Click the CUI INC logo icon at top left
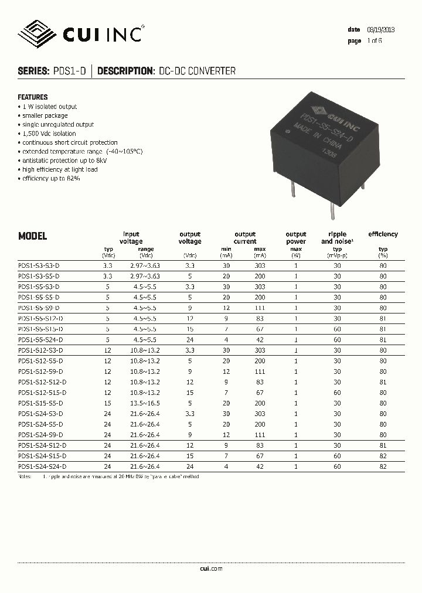pyautogui.click(x=39, y=33)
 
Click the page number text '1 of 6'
pyautogui.click(x=375, y=41)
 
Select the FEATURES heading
pyautogui.click(x=33, y=97)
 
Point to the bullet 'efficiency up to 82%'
pyautogui.click(x=51, y=178)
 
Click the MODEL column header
pyautogui.click(x=33, y=237)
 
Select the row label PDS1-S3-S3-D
pyautogui.click(x=39, y=265)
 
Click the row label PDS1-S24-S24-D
pyautogui.click(x=42, y=466)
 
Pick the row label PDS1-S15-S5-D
pyautogui.click(x=40, y=403)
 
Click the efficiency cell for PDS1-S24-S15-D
pyautogui.click(x=383, y=455)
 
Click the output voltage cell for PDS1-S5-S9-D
pyautogui.click(x=189, y=308)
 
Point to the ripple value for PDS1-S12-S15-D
pyautogui.click(x=337, y=393)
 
